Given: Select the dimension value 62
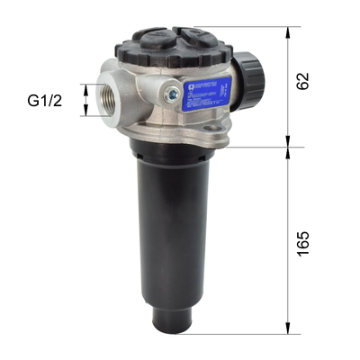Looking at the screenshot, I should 302,80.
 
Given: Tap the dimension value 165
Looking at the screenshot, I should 302,241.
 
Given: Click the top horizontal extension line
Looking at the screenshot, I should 261,26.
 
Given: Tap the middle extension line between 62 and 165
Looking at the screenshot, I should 261,147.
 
